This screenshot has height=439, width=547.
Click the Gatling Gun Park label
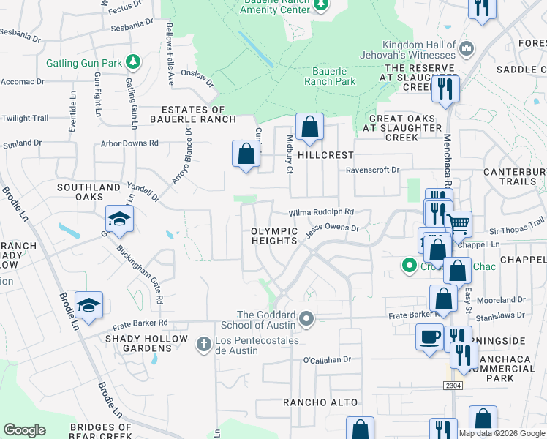pos(84,63)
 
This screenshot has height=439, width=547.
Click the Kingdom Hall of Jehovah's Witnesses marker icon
pos(466,49)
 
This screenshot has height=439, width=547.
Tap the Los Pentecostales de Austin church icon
pos(204,342)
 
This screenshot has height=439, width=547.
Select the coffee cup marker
pos(429,336)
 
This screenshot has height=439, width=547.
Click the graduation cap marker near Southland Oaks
pos(119,219)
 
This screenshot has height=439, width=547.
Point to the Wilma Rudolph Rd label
pos(321,212)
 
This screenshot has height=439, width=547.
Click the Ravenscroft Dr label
pos(372,170)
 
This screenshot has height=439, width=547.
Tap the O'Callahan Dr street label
pos(328,360)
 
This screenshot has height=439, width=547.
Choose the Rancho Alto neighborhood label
pos(321,402)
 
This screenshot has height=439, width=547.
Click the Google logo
pos(24,430)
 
